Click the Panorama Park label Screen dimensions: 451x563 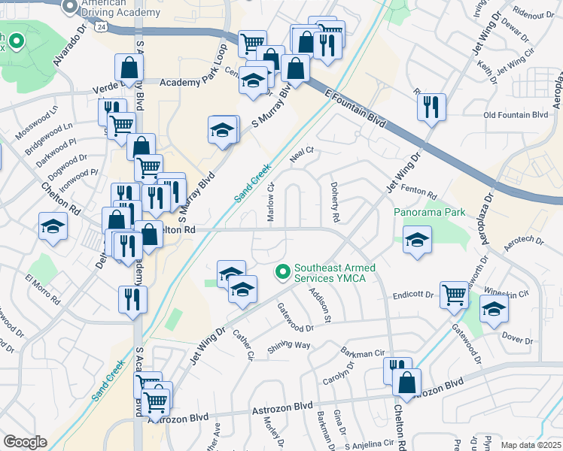tap(426, 212)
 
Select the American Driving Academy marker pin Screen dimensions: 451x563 tap(70, 6)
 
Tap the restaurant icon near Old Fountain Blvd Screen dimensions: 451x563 tap(431, 107)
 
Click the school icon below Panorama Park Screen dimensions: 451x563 tap(416, 241)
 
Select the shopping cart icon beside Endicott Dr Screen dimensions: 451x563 tap(454, 294)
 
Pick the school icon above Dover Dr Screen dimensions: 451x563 tap(494, 310)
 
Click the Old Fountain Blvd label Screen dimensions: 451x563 tap(516, 115)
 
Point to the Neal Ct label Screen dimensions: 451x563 tap(301, 155)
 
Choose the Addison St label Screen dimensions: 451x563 tap(320, 308)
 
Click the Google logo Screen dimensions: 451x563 tap(25, 441)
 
